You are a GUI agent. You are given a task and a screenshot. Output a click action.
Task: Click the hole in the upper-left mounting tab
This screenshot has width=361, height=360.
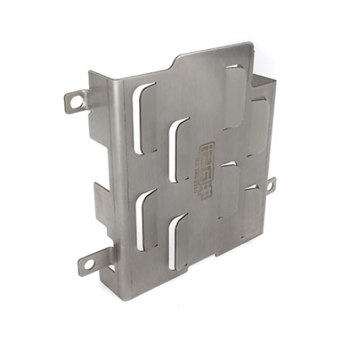pyautogui.click(x=76, y=101)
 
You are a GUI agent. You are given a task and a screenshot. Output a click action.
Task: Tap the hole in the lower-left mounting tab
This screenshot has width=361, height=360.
pyautogui.click(x=87, y=264)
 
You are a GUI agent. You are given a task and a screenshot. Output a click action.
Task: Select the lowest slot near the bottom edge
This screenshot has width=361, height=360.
pyautogui.click(x=176, y=240)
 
